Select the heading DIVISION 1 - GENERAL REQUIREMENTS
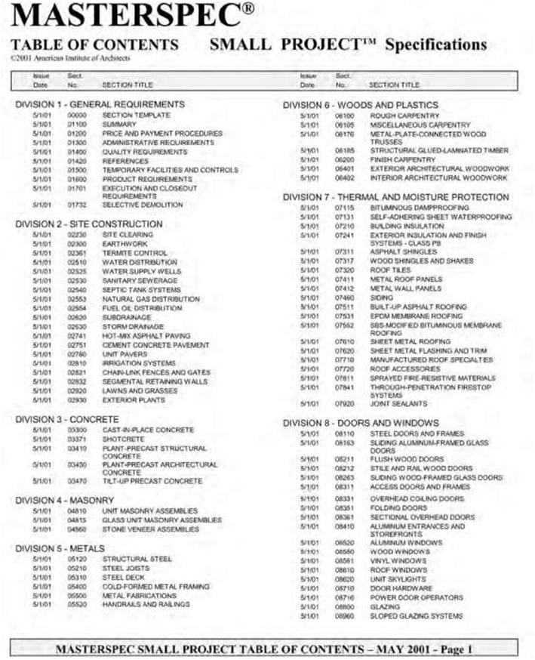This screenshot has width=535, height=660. pos(100,103)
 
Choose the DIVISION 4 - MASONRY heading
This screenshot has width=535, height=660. pos(65,500)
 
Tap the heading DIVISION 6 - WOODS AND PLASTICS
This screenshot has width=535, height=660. pos(360,104)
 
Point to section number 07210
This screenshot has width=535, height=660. pos(345,225)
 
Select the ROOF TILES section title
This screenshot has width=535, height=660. pos(392,270)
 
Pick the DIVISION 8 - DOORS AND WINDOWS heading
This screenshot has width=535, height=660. pos(361,422)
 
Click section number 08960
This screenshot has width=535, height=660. pos(345,616)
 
